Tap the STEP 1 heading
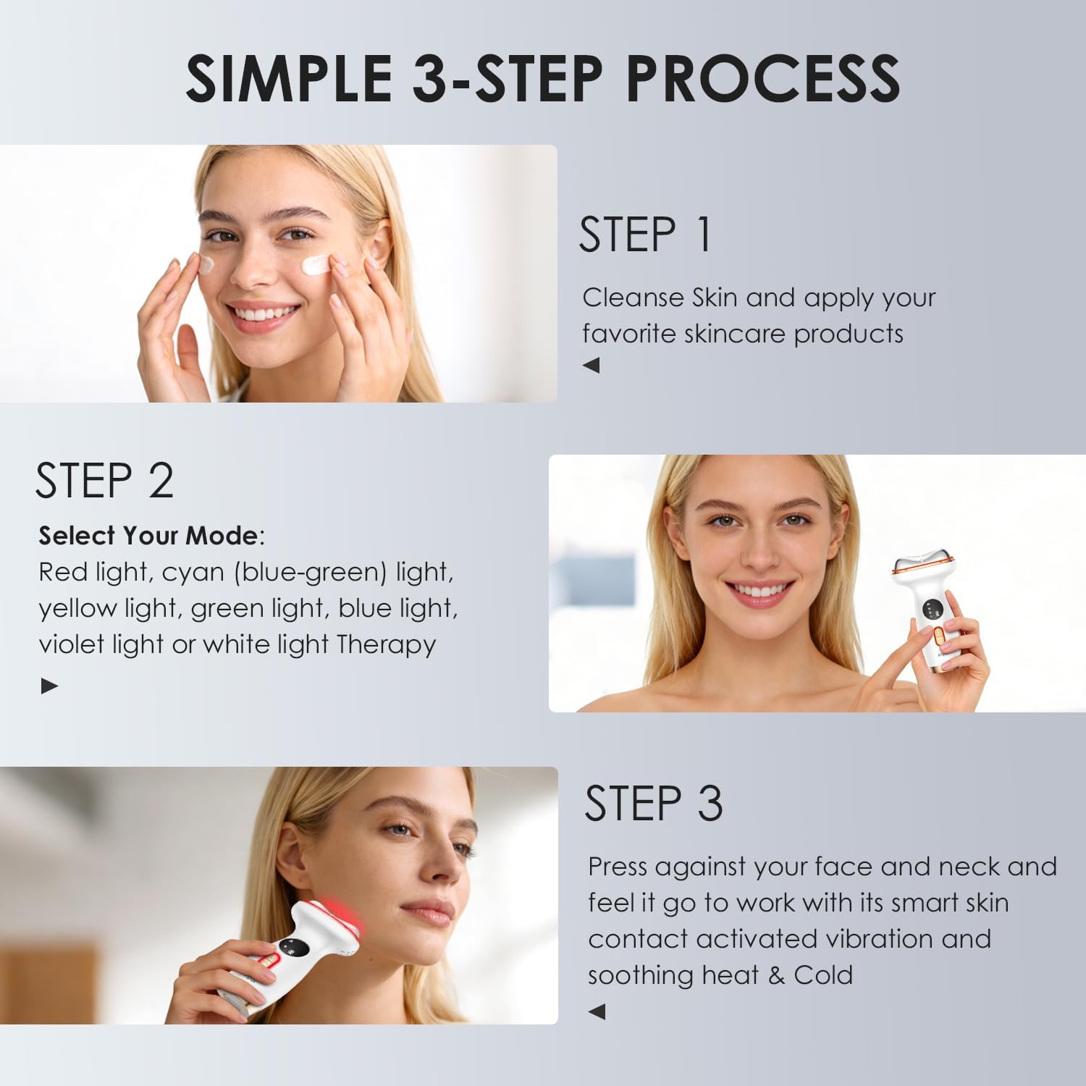(x=645, y=235)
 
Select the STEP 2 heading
(x=105, y=481)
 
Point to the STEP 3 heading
(x=654, y=804)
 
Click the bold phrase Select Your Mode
(x=148, y=536)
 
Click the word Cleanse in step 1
(x=633, y=298)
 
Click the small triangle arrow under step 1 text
(x=592, y=366)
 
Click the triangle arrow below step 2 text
(x=49, y=686)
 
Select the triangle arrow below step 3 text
(x=597, y=1011)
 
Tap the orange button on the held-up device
(x=938, y=637)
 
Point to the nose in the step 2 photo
(x=760, y=554)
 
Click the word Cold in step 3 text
(x=823, y=975)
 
